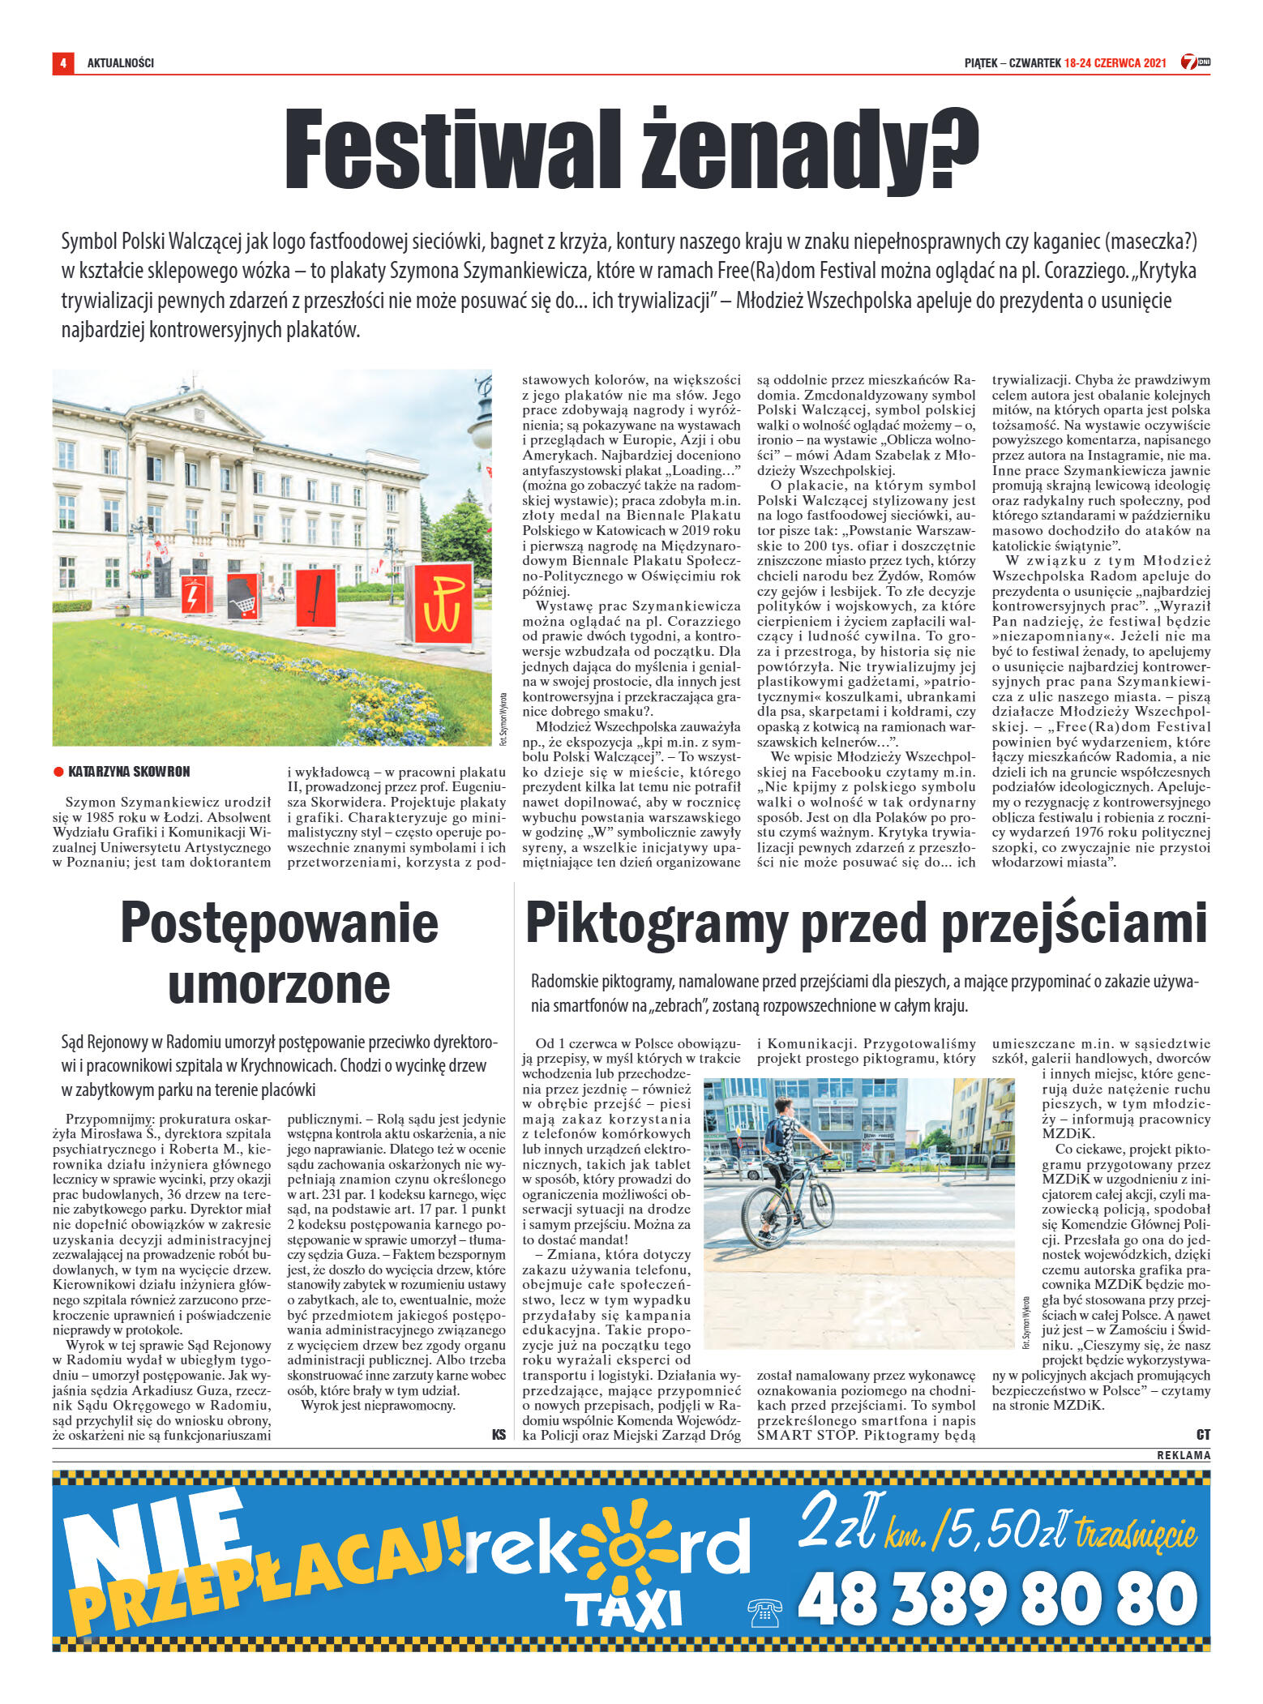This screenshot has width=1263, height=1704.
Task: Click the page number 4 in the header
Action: (x=62, y=62)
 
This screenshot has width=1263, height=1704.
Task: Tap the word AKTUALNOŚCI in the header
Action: (x=120, y=63)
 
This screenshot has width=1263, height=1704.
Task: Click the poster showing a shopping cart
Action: (x=243, y=596)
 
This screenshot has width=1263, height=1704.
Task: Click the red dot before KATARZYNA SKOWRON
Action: (x=58, y=772)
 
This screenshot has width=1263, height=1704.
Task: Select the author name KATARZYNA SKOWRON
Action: (x=129, y=772)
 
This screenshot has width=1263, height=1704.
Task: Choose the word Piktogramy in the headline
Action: (x=657, y=923)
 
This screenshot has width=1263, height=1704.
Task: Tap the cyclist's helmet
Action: (x=782, y=1104)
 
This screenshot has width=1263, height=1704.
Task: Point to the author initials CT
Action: (x=1203, y=1434)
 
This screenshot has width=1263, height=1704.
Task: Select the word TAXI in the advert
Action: (x=623, y=1608)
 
